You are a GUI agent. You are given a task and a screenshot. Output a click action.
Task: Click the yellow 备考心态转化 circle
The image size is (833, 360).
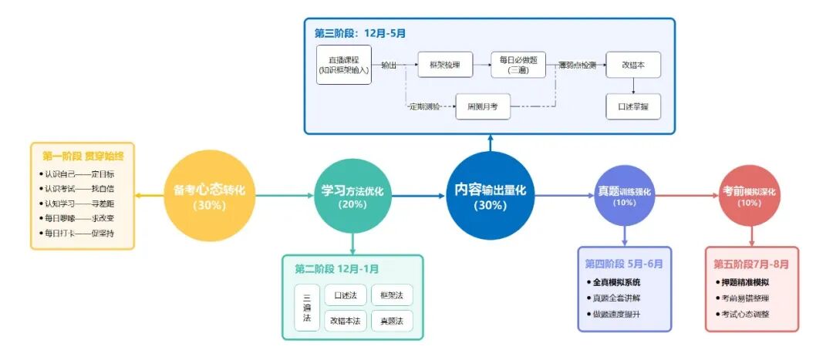tap(209, 196)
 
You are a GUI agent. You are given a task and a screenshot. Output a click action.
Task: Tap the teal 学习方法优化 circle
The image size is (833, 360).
tap(352, 196)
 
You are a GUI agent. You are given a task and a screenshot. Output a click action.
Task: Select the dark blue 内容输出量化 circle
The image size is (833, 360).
tap(490, 196)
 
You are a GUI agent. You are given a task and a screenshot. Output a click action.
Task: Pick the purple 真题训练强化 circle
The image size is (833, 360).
tap(625, 196)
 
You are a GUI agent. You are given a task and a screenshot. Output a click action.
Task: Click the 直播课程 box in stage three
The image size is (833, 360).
tap(344, 65)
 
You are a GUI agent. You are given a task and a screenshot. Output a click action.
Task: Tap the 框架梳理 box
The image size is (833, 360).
tap(445, 66)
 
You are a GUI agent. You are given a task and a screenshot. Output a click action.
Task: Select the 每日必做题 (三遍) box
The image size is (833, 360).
tap(518, 66)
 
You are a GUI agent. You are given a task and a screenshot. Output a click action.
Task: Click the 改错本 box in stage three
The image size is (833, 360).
tap(633, 66)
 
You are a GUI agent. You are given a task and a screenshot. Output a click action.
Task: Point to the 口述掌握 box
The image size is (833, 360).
tap(633, 106)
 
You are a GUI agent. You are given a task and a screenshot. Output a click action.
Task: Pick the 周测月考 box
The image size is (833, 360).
tap(484, 106)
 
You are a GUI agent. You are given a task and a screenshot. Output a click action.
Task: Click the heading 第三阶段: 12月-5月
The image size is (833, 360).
tap(359, 33)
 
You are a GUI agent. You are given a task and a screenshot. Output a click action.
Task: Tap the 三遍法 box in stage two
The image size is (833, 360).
tap(306, 307)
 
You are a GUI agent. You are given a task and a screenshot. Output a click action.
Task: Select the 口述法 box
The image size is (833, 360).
tap(345, 294)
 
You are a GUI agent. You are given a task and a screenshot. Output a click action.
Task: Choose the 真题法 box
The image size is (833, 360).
tap(392, 321)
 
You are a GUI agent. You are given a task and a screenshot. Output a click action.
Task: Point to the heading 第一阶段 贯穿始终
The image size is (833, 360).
tap(83, 156)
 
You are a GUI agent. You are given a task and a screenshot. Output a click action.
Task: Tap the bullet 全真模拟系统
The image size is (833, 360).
tap(617, 282)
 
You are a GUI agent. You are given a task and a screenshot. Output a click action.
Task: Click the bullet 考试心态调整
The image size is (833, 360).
tap(745, 315)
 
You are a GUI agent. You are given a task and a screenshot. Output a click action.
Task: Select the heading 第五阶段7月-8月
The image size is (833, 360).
tap(751, 264)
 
